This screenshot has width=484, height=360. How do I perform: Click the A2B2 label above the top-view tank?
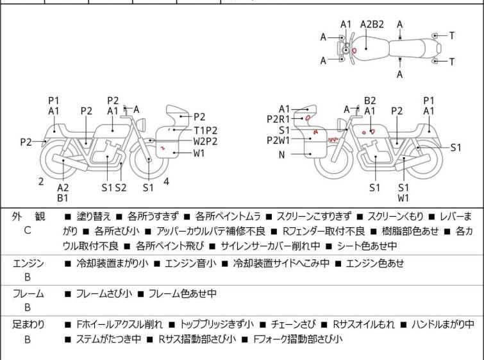372,24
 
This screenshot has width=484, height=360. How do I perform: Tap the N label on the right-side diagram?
281,155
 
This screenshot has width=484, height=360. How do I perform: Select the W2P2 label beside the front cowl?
205,141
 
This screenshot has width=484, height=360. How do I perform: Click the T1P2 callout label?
205,130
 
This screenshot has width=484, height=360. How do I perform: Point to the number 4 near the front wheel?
166,182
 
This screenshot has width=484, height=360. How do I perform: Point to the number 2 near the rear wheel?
41,182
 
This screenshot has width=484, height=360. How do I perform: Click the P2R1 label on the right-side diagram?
278,119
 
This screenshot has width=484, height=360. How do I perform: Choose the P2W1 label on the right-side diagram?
278,141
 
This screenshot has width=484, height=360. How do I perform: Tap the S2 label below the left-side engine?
121,187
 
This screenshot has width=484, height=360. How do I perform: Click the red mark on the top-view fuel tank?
354,50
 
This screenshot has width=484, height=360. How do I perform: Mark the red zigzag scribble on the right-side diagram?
333,140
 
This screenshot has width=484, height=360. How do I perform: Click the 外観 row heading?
28,216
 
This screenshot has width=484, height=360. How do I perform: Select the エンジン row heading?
28,263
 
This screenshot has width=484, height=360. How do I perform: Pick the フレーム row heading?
28,293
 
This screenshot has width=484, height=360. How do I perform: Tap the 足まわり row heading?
28,325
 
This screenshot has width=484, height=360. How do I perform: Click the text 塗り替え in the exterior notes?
93,216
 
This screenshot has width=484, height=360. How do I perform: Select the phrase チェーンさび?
293,325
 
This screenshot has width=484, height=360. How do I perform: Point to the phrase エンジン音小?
190,263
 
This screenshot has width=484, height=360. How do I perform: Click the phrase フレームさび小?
104,293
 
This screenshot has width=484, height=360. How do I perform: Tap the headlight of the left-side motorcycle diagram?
142,125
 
